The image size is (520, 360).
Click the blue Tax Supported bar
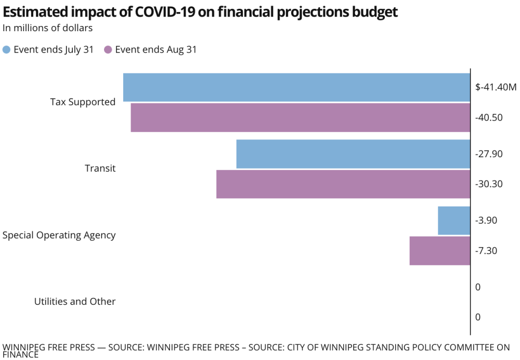pos(296,87)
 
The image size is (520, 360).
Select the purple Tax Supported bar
pos(300,118)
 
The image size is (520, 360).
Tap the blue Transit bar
pos(353,154)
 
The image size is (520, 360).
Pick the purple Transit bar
pos(343,184)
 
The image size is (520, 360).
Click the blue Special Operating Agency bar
pos(454,221)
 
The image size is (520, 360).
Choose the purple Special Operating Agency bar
pos(440,251)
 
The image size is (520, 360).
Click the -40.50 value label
pos(489,118)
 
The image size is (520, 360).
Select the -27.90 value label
pos(489,154)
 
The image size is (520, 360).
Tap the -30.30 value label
pos(489,184)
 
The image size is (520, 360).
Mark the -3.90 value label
pos(486,221)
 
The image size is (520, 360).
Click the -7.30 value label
pos(486,251)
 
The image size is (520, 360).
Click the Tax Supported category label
pos(83,102)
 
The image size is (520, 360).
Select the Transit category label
pos(100,169)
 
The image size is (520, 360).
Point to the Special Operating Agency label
pos(59,235)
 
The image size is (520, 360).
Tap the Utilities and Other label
pos(75,302)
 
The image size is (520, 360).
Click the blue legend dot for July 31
pos(7,50)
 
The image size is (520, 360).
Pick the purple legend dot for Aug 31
pos(108,50)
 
